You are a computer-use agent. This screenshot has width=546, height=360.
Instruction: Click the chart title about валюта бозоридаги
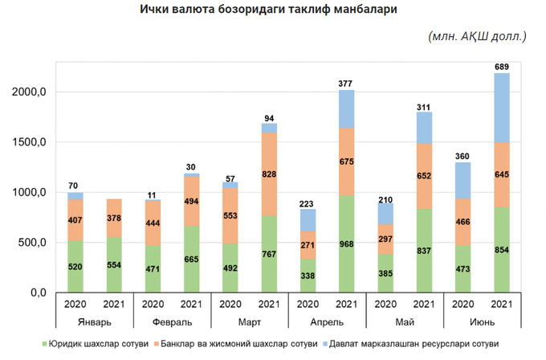coord(273,10)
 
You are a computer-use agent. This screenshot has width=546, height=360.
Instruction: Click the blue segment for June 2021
coord(503,108)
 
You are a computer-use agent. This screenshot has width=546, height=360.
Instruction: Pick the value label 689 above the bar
coord(503,65)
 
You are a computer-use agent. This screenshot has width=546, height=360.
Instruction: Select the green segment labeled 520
coord(75,267)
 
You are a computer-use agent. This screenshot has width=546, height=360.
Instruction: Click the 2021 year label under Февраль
coord(191,305)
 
